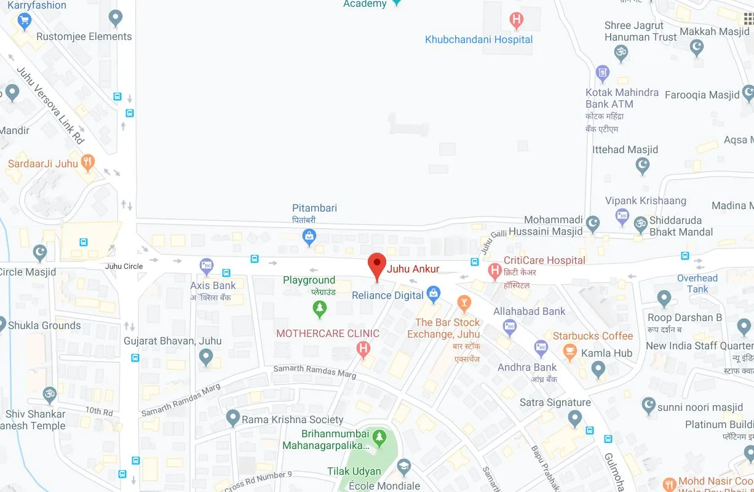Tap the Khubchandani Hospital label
[478, 39]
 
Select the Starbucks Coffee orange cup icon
[570, 351]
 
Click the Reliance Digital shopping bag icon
[434, 294]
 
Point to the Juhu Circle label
[124, 266]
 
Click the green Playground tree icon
[319, 308]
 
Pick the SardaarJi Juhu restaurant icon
[88, 163]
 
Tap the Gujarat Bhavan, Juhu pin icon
[206, 356]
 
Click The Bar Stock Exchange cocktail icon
[464, 303]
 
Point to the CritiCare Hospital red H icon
[494, 270]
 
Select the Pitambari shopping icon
[309, 235]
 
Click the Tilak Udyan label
[354, 472]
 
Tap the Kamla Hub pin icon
[598, 368]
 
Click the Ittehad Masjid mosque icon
[643, 165]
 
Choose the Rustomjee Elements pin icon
[115, 18]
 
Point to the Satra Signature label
[555, 402]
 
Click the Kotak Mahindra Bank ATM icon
[602, 74]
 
